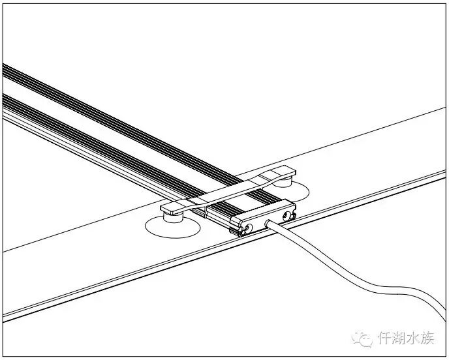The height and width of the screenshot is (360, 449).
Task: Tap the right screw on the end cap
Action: pyautogui.click(x=287, y=215)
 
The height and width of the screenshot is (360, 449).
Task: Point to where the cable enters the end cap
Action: pyautogui.click(x=268, y=223)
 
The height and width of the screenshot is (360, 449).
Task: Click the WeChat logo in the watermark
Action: pyautogui.click(x=361, y=338)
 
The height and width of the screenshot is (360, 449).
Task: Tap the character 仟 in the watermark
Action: pyautogui.click(x=384, y=338)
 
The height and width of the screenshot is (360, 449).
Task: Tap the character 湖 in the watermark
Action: pyautogui.click(x=400, y=338)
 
